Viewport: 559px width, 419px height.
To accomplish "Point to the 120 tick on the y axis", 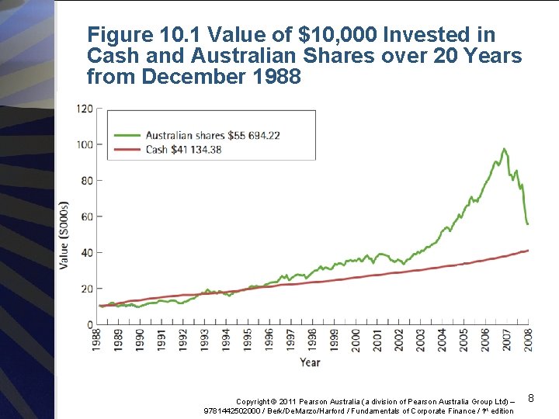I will (x=84, y=109).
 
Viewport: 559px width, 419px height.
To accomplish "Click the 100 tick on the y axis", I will (x=84, y=144).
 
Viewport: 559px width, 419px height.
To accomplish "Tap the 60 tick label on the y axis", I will (x=86, y=216).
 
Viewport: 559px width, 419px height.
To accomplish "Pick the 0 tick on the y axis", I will (x=89, y=324).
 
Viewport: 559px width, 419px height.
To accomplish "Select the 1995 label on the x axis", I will (x=247, y=340).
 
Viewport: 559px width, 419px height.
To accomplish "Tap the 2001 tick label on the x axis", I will (x=377, y=340).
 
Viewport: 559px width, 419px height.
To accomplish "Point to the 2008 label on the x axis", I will (x=527, y=340).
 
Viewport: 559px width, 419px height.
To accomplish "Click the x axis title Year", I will (x=310, y=362).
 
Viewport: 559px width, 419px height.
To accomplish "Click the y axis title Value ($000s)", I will (x=64, y=235).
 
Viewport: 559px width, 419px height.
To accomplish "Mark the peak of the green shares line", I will (x=504, y=149).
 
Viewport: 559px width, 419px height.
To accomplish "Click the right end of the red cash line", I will (x=528, y=251).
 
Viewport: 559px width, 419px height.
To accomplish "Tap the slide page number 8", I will (x=531, y=398).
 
